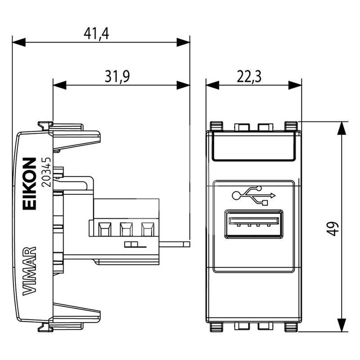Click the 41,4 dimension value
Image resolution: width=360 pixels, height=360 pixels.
(x=96, y=34)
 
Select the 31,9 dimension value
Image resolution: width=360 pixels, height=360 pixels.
(x=117, y=76)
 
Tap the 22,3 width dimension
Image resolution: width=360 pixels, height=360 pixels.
(x=249, y=76)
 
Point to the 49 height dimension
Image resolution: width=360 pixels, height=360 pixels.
(x=332, y=229)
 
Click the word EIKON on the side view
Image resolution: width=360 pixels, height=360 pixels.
(x=29, y=184)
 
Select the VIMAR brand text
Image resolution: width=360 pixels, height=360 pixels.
(x=29, y=271)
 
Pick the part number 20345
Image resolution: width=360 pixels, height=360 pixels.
(x=46, y=172)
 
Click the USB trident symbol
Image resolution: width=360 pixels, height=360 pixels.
(x=254, y=195)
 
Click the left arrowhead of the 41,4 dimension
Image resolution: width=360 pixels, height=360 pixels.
(x=19, y=42)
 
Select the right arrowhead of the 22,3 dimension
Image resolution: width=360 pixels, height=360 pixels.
(x=295, y=85)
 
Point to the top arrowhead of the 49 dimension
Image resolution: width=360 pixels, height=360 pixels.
(x=342, y=128)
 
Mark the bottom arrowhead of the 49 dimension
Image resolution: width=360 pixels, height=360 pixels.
(x=342, y=325)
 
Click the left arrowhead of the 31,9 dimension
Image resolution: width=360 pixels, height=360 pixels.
(x=60, y=85)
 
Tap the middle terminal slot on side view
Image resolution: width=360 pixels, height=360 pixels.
(x=126, y=229)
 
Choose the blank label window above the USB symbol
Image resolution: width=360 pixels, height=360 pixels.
(x=253, y=146)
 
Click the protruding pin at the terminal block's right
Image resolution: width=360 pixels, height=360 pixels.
(x=175, y=244)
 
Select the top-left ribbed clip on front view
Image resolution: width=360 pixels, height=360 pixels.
(x=216, y=126)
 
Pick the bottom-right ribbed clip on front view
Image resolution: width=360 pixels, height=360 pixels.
(x=291, y=327)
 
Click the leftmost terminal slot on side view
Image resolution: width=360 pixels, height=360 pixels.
(x=105, y=229)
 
